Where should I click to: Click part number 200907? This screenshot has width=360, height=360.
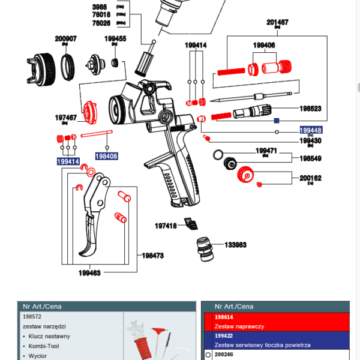tap(66, 39)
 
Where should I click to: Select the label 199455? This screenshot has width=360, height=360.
tap(115, 39)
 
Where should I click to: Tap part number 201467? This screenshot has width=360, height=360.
tap(278, 22)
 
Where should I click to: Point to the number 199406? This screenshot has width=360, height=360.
tap(264, 45)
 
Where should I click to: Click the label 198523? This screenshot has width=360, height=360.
tap(310, 109)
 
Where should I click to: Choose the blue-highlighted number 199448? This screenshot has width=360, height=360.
tap(311, 130)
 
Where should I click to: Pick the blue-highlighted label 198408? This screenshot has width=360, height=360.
tap(106, 156)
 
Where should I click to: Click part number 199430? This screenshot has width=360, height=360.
tap(310, 141)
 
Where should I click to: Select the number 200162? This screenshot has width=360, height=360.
tap(310, 178)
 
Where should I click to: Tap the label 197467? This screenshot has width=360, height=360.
tap(66, 118)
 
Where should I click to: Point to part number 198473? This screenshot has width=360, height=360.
tap(153, 255)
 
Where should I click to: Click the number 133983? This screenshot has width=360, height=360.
tap(236, 245)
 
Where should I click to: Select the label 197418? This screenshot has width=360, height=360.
tap(166, 226)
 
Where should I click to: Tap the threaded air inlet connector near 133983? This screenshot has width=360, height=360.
tap(205, 250)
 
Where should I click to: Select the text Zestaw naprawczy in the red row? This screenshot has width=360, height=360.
tap(239, 326)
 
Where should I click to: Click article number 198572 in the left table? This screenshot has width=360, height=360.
tap(31, 316)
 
